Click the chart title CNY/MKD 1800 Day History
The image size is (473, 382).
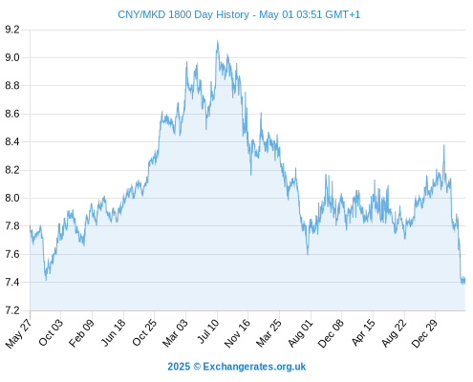click(183, 14)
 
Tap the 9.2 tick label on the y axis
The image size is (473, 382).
click(12, 30)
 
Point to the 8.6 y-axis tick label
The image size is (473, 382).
click(12, 114)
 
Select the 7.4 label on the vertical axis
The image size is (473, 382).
click(12, 283)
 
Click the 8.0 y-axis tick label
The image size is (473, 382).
click(12, 198)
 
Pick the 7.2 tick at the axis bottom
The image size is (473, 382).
click(12, 310)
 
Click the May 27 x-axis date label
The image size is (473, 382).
click(19, 333)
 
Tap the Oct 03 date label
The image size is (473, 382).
click(51, 332)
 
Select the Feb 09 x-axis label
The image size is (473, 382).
click(82, 332)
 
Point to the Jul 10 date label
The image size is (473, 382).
click(208, 331)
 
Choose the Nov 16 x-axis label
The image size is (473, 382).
click(237, 333)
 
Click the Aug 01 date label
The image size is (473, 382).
click(301, 333)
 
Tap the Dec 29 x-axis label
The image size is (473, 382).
click(425, 333)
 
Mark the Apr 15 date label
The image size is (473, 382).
click(364, 332)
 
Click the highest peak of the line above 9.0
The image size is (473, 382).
click(218, 40)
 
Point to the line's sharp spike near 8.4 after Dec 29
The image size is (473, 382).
click(443, 145)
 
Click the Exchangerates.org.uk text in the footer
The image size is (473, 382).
click(254, 367)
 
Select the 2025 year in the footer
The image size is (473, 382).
click(179, 367)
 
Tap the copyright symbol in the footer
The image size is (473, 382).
click(197, 367)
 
